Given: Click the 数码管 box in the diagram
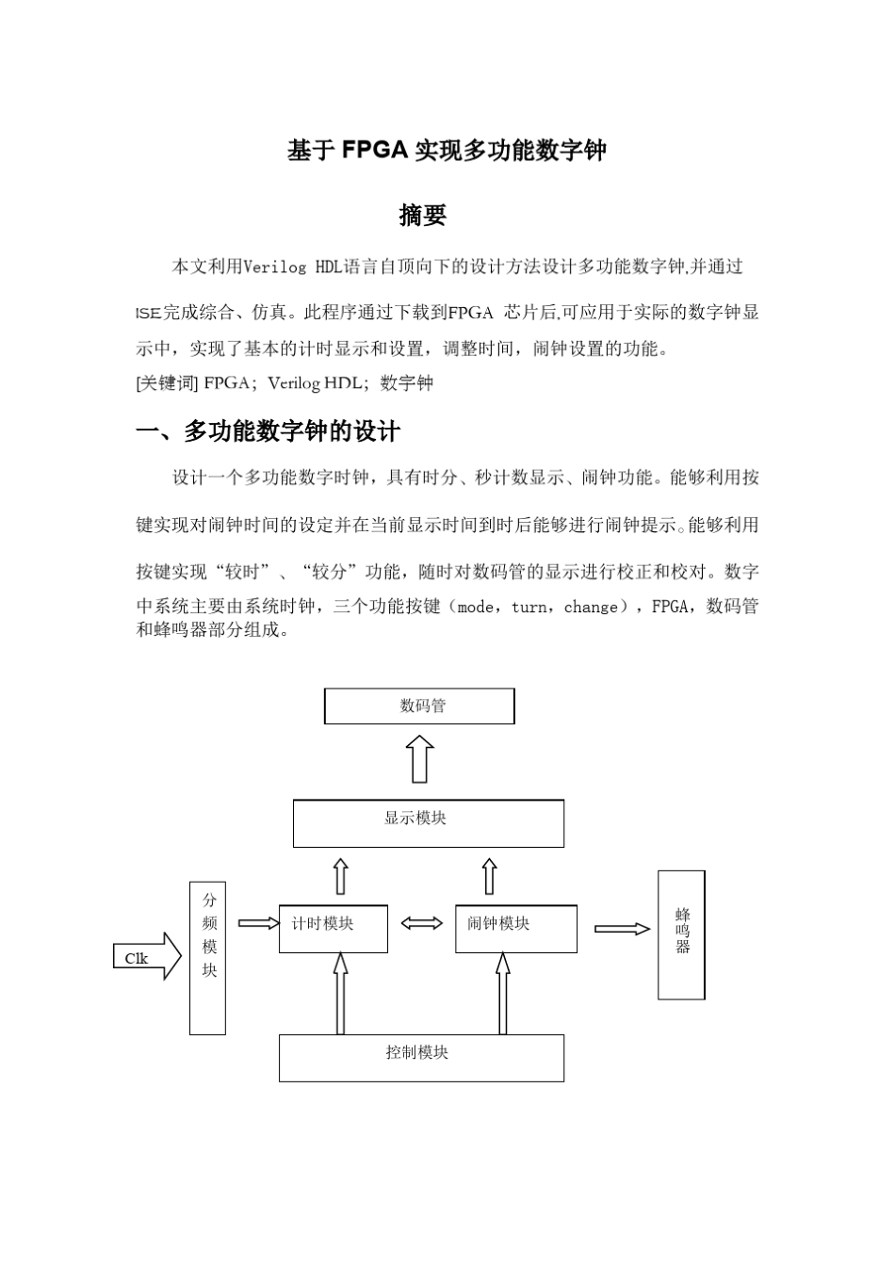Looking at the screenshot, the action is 419,706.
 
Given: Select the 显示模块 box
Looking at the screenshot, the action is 428,823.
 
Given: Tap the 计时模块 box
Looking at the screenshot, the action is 333,929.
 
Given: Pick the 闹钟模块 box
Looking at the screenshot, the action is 515,929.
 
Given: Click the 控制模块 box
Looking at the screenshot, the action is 421,1058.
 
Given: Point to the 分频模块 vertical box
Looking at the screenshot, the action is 207,958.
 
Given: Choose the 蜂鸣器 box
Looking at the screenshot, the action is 681,934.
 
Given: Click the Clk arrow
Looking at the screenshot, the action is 147,957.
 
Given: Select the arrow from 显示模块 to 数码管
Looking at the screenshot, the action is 420,759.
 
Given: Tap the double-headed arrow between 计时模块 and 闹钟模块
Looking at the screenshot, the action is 421,924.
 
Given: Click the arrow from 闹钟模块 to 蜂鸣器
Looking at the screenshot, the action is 622,929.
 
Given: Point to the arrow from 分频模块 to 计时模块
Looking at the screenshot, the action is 258,924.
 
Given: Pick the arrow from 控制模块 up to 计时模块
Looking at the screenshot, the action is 340,993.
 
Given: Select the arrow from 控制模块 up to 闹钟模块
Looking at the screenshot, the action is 502,993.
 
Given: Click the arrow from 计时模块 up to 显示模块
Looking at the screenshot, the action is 340,876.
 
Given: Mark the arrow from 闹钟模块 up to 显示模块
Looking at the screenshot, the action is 489,876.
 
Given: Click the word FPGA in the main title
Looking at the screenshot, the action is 374,150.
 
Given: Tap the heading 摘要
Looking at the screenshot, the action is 422,216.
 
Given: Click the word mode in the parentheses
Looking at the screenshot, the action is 476,608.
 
